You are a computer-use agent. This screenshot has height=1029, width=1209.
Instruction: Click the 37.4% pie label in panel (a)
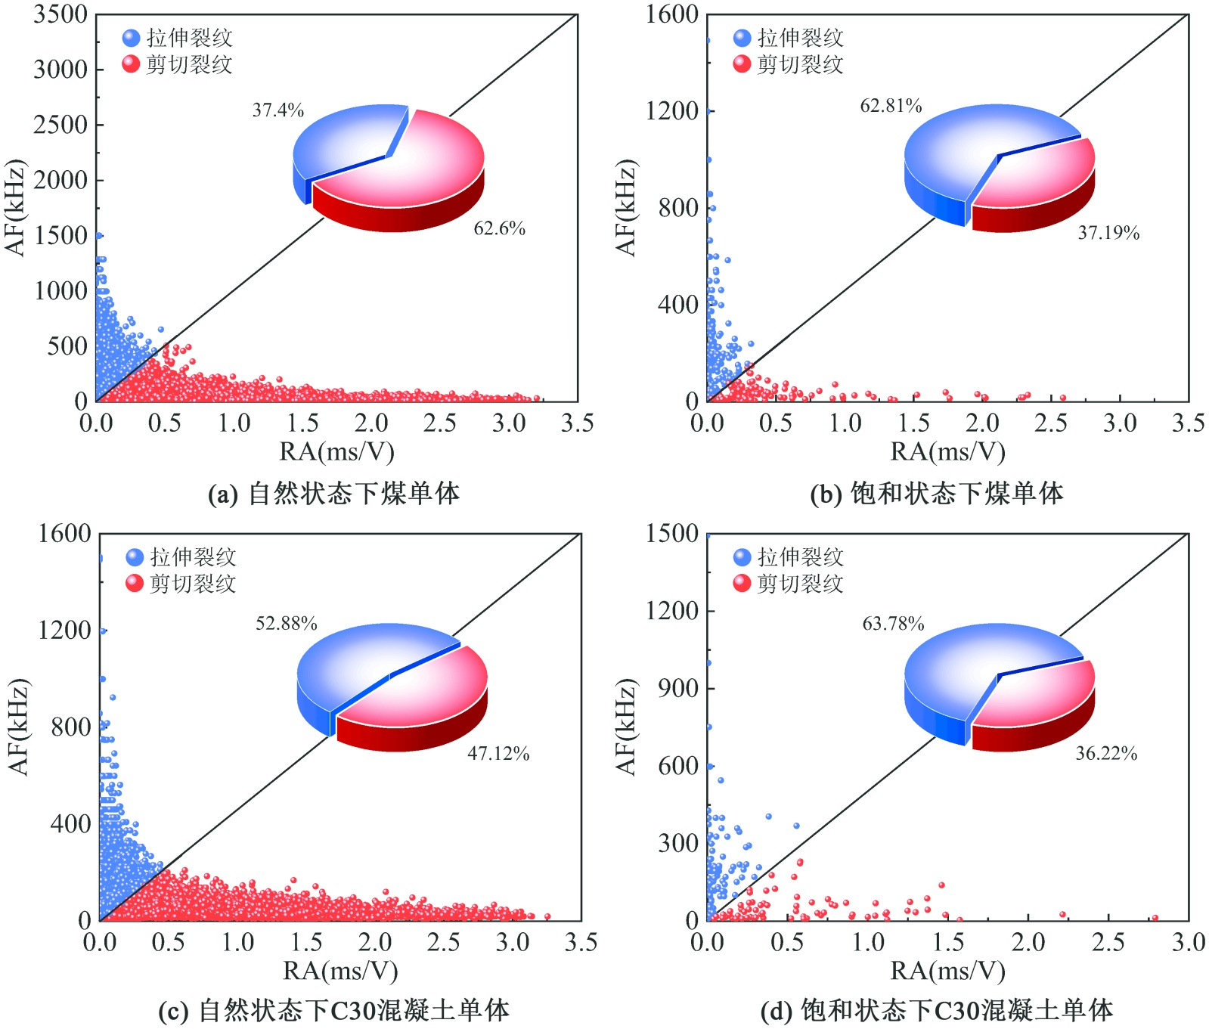click(x=277, y=110)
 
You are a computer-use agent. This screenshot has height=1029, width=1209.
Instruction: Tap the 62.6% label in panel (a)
click(x=499, y=228)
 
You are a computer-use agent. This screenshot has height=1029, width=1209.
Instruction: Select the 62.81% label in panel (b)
click(x=891, y=106)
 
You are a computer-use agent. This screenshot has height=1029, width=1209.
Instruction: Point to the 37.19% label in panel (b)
click(x=1108, y=233)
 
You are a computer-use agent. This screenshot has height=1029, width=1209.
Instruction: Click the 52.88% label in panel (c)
click(x=286, y=624)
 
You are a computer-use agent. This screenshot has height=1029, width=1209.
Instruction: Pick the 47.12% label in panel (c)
click(x=498, y=753)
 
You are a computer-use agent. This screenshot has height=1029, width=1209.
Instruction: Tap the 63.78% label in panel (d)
click(x=893, y=624)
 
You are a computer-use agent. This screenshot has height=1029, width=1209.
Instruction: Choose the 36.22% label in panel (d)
click(x=1105, y=753)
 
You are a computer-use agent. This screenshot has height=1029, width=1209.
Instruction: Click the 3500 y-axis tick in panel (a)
click(x=60, y=14)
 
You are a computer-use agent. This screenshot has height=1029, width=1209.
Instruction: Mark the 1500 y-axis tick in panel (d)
click(x=671, y=534)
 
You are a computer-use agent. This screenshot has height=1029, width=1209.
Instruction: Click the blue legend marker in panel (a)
click(x=131, y=38)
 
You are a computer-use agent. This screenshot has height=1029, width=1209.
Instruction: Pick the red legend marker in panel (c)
click(x=135, y=584)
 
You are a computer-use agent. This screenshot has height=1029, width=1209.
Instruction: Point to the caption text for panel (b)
click(x=936, y=494)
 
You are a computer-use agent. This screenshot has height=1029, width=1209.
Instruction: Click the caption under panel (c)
click(x=333, y=1011)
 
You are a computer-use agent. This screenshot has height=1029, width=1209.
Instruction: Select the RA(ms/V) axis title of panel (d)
click(x=947, y=971)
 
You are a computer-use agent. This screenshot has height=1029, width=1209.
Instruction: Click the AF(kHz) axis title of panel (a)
click(x=16, y=207)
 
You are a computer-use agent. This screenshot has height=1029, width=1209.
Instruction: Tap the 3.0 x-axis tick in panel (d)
click(x=1188, y=942)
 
